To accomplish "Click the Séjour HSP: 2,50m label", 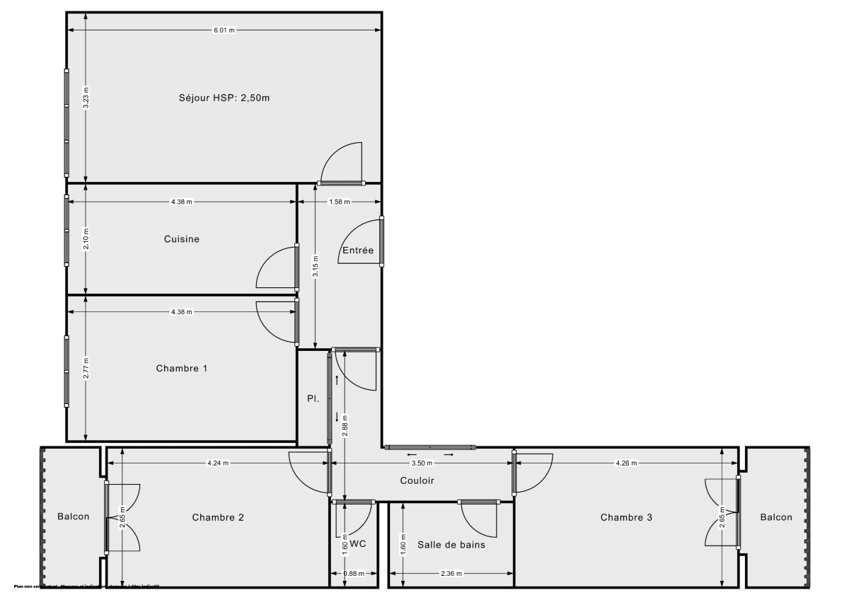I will point(224,98).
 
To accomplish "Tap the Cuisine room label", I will point(181,239).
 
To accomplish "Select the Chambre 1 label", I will point(181,369).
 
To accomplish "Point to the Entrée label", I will point(357,250).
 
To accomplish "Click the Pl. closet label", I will point(313,398).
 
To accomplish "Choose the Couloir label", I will point(417,480).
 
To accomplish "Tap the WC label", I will point(358,544).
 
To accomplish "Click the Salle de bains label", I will point(451,544).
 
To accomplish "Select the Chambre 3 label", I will point(626,517).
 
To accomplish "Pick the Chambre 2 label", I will point(218,517).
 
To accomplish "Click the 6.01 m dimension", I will point(224,31).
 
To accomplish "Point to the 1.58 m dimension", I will point(340,202).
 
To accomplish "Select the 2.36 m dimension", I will point(451,574).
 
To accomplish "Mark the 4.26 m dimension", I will point(626,463).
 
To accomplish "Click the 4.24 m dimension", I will point(218,463).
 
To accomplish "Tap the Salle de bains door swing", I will point(478,520).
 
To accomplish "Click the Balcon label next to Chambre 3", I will point(776,517).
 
